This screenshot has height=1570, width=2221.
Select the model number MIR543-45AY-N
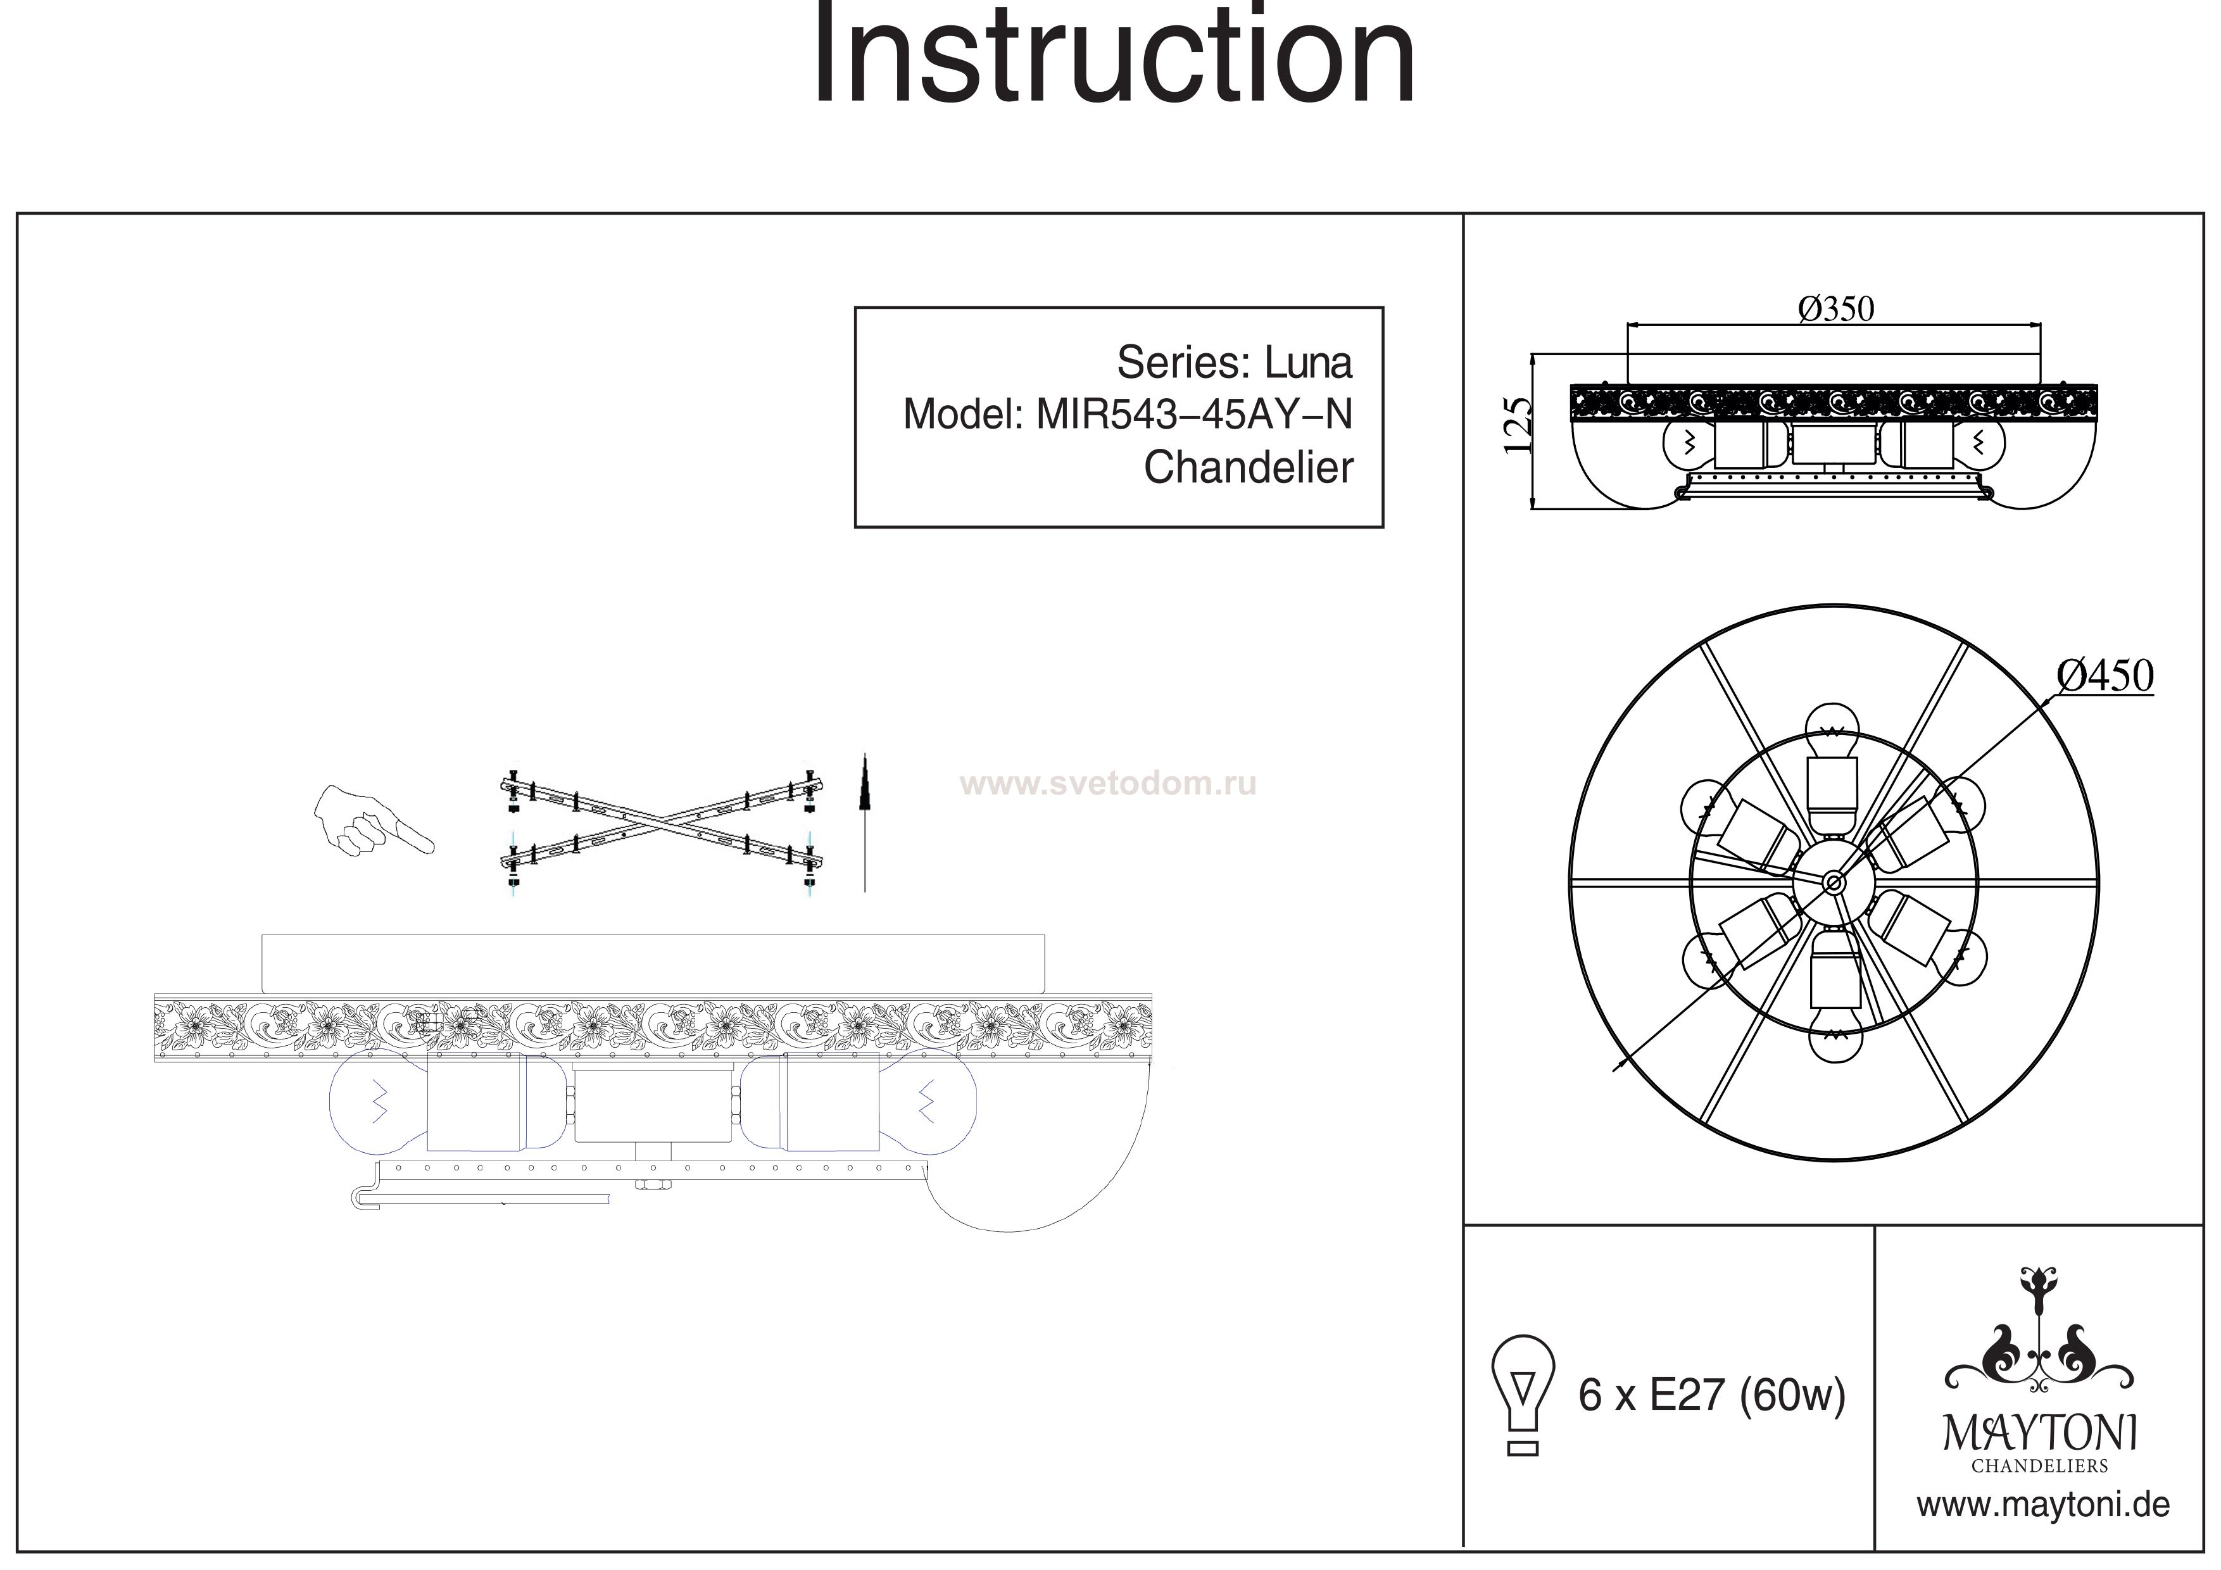tap(1193, 415)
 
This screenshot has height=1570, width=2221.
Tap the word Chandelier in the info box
tap(1248, 468)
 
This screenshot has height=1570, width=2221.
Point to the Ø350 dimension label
tap(1835, 310)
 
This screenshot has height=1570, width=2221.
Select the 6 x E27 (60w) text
tap(1711, 1395)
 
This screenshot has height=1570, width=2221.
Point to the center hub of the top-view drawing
tap(1832, 881)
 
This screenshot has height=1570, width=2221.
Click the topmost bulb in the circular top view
tap(1833, 745)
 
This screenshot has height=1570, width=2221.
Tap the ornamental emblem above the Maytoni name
tap(2040, 1345)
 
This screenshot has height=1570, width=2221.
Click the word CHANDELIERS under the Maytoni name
tap(2040, 1466)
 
